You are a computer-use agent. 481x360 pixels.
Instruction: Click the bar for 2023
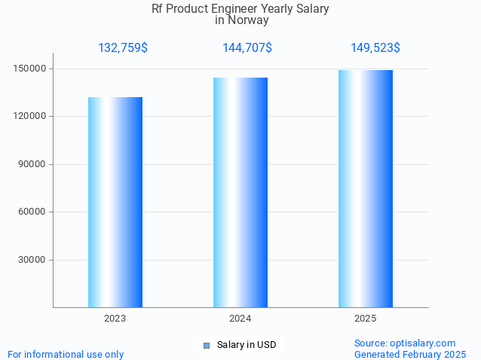point(115,202)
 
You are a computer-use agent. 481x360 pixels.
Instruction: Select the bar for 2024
point(240,192)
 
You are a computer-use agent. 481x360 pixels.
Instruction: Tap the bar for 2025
point(366,188)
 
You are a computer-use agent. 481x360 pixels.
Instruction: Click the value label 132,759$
point(123,48)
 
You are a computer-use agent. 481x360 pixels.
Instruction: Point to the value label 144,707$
point(247,48)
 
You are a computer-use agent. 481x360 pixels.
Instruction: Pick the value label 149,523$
point(375,48)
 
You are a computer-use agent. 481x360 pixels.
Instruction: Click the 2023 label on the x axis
point(115,319)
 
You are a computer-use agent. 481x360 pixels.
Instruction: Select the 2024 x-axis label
point(240,319)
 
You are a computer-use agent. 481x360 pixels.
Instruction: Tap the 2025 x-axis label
point(366,319)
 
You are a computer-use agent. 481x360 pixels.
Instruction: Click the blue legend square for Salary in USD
point(207,346)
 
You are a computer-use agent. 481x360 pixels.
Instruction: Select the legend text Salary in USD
point(247,346)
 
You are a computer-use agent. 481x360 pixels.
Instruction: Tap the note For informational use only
point(66,354)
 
